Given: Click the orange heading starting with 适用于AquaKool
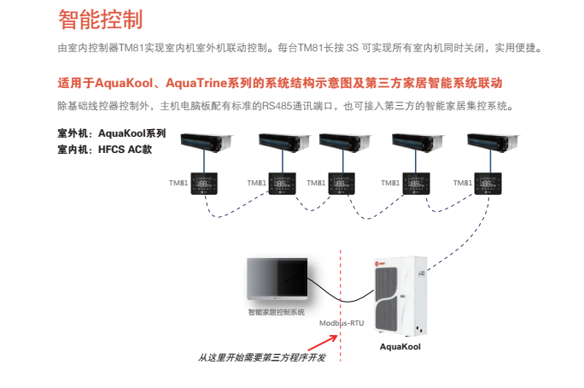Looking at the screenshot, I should click(x=279, y=84).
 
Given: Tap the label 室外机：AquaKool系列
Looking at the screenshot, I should click(x=111, y=133).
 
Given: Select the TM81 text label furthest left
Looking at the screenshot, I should click(x=179, y=183).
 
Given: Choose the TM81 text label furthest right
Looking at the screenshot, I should click(x=462, y=183).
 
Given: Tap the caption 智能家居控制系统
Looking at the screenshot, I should click(x=275, y=313).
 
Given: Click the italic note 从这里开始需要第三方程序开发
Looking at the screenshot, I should click(x=262, y=357).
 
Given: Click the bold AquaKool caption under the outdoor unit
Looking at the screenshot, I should click(x=400, y=347).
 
